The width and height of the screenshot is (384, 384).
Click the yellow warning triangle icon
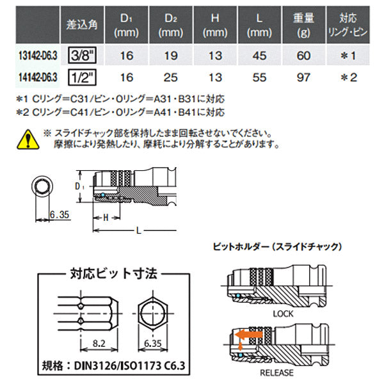point(28,139)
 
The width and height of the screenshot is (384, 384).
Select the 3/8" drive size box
point(82,55)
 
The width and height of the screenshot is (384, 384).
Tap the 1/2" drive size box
point(82,77)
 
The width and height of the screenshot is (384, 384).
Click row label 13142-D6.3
point(38,56)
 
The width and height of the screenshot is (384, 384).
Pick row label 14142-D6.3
point(38,77)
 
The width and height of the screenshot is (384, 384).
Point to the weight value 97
point(303,77)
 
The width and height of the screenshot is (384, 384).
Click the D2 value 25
point(171,77)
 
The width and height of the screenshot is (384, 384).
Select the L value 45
point(259,56)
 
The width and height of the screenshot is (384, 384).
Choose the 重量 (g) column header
point(303,25)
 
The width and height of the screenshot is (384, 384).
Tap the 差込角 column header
point(82,25)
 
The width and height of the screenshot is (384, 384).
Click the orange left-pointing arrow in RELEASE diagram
point(248,335)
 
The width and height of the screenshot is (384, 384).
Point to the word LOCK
point(283,314)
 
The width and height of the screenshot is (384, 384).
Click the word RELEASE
point(276,372)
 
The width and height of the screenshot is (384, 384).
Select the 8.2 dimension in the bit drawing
point(99,343)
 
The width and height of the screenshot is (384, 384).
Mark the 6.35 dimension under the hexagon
point(152,343)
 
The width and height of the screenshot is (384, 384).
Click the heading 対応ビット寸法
point(114,273)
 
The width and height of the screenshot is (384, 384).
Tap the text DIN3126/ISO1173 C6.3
point(129,366)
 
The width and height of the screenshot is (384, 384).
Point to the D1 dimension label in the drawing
point(79,187)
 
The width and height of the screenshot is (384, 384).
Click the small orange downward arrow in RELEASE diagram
point(241,346)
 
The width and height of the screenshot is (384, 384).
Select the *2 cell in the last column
point(349,77)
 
